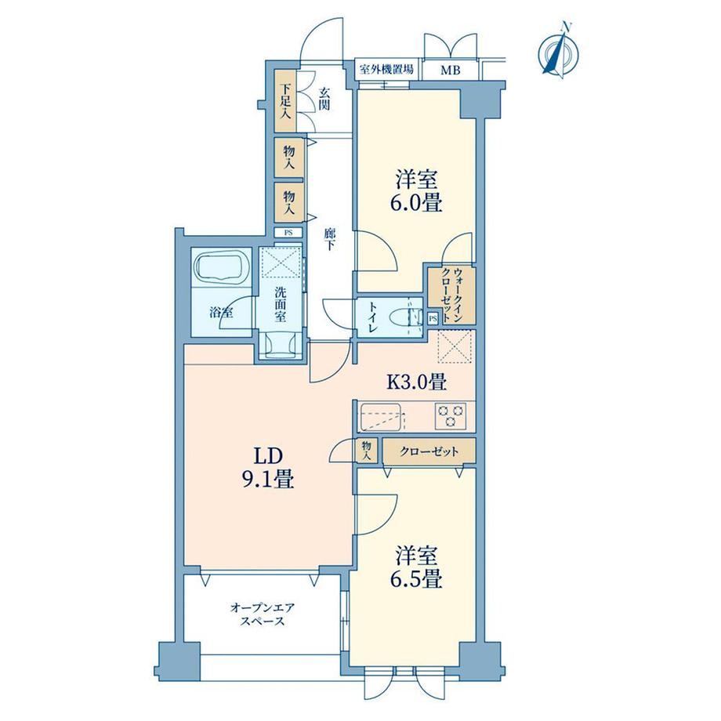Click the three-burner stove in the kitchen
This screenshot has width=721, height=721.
point(450,415)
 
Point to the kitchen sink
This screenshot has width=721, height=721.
point(380,417)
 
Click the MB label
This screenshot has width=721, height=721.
point(450,71)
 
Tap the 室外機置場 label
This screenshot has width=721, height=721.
point(386,70)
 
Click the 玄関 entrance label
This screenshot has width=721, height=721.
point(324,99)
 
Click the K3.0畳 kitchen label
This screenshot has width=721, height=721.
point(415,381)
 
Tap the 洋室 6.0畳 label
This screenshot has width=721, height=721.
point(417,190)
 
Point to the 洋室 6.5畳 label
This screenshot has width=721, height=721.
point(417,567)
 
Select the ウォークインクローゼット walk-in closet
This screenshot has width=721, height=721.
point(451,295)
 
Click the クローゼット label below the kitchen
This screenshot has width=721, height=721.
point(429,451)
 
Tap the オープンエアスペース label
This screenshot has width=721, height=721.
point(263,614)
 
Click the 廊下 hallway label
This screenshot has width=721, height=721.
point(329,239)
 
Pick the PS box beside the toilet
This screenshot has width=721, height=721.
point(433,318)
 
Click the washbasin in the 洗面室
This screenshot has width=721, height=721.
point(280,346)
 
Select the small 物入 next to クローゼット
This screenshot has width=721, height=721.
point(367,451)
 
